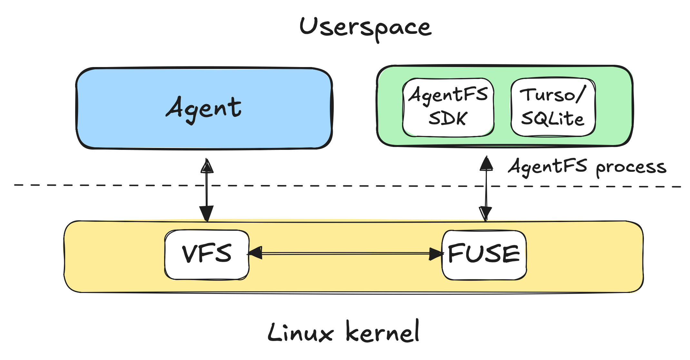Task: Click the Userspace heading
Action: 365,27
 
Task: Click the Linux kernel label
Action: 343,332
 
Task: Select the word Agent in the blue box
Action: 204,108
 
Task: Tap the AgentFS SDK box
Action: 448,107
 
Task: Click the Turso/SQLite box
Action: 553,107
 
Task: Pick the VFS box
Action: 207,254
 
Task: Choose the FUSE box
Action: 484,254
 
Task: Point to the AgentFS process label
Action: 587,167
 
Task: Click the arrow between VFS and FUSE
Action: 345,254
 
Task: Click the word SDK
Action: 448,119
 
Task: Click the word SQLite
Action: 552,119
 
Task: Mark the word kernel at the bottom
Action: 382,332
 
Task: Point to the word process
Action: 631,168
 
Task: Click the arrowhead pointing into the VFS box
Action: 256,253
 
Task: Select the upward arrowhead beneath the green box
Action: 486,164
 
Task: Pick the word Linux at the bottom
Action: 301,333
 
